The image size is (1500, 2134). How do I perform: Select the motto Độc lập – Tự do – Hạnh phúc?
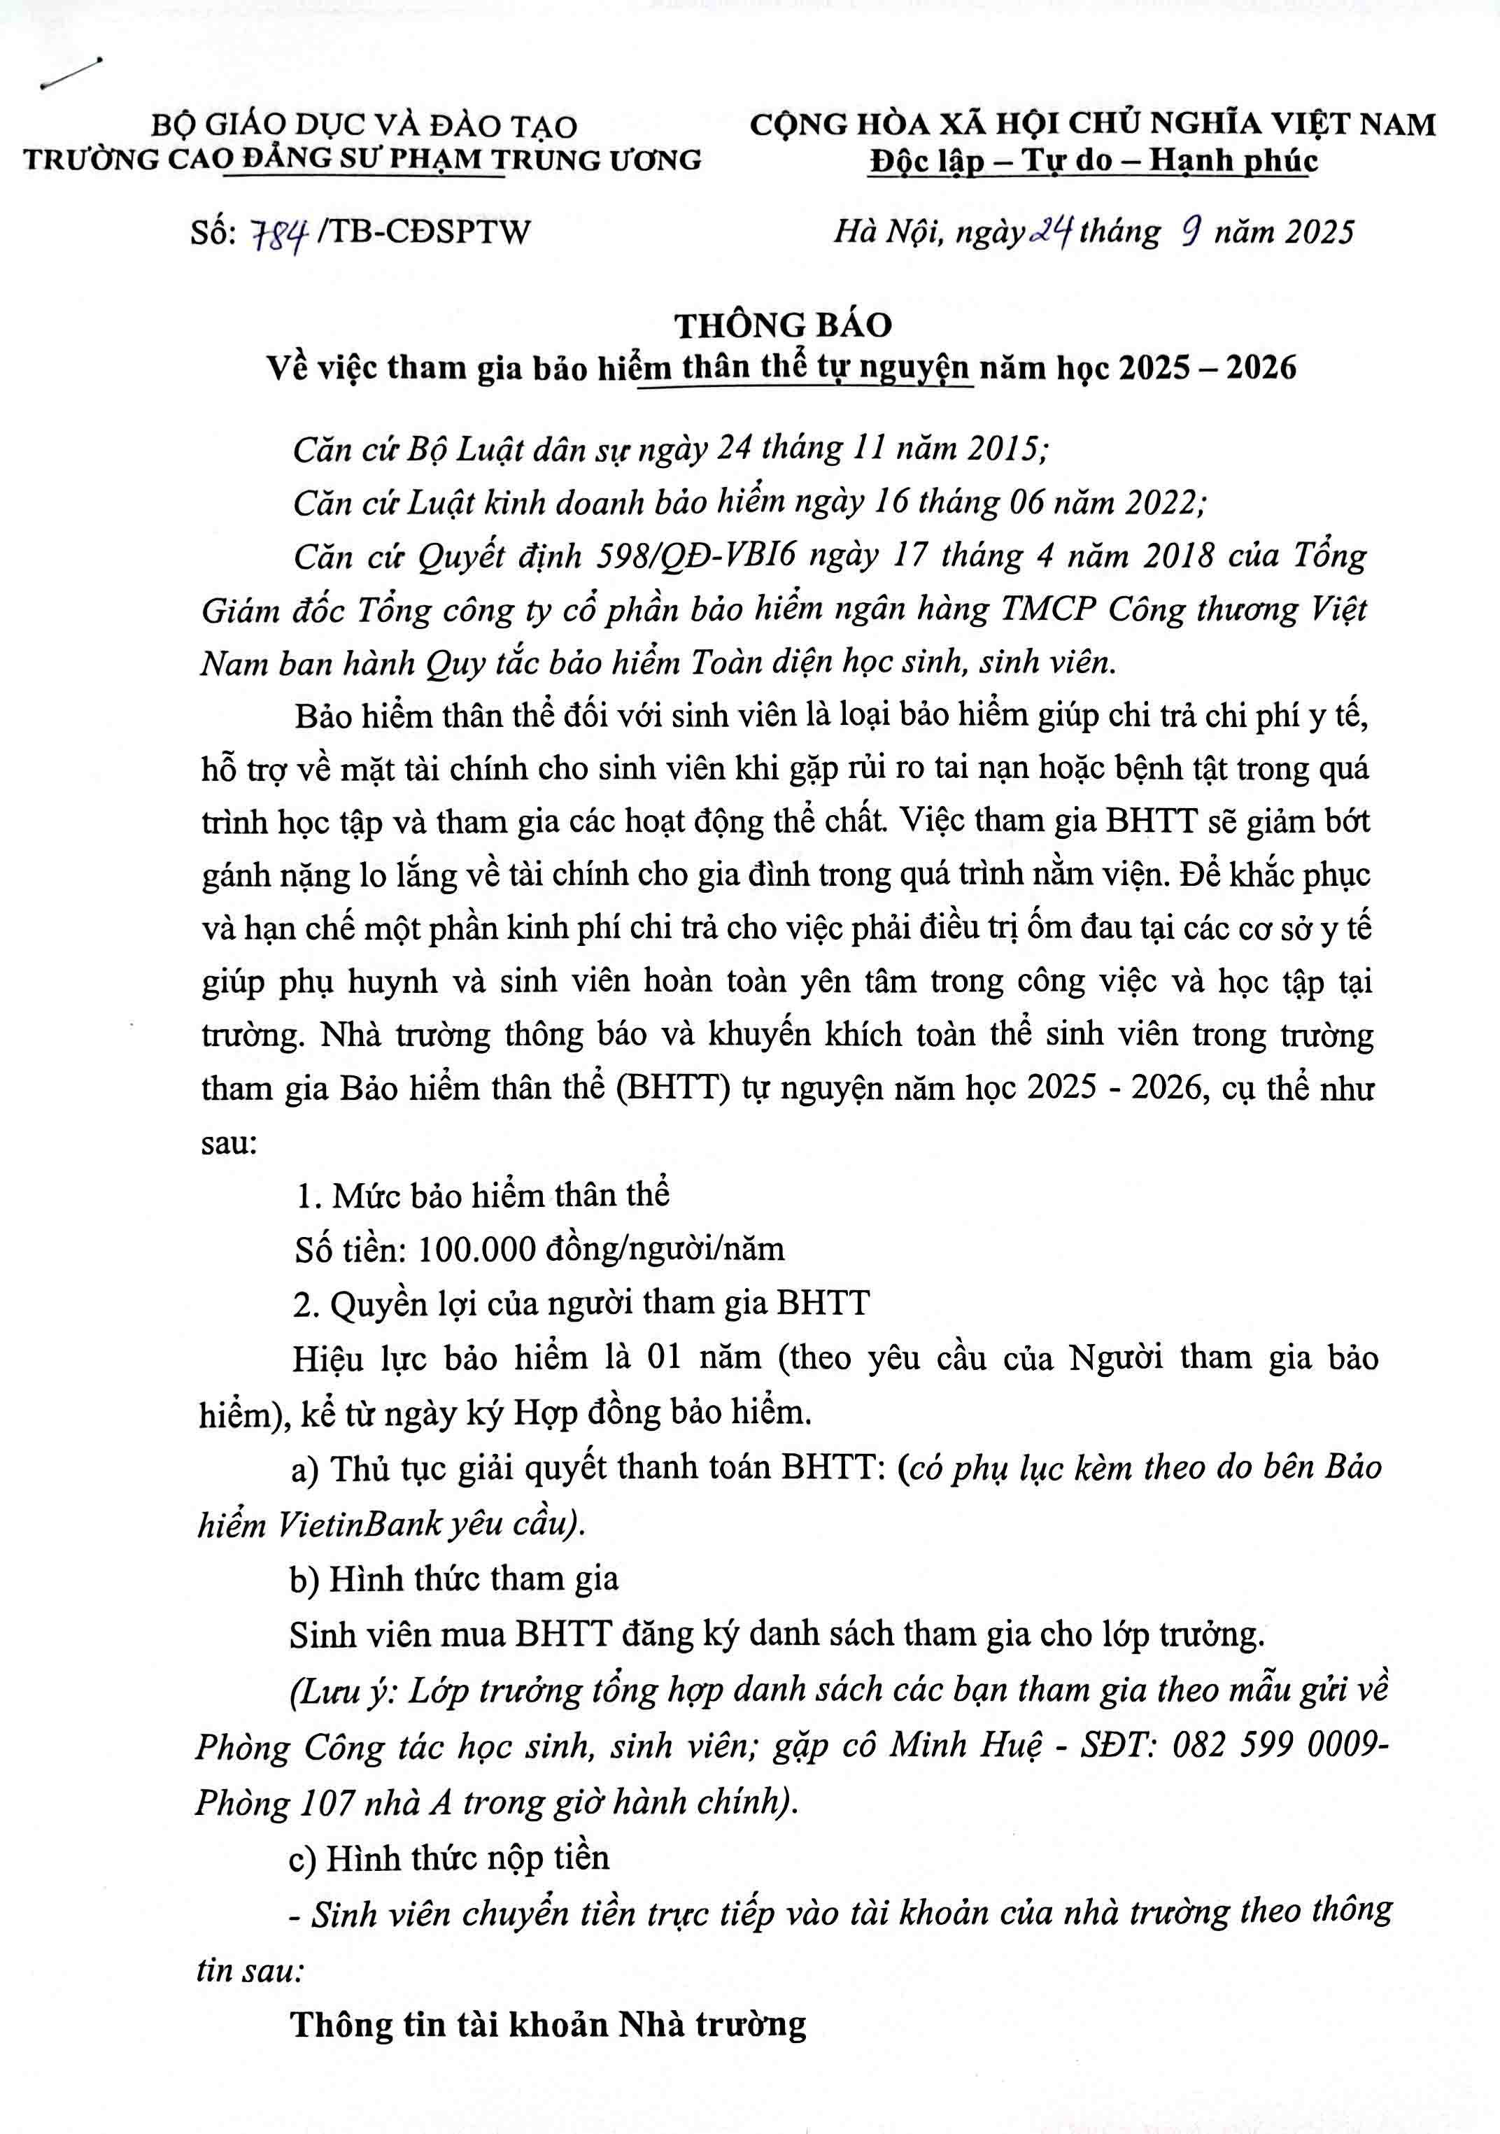click(1093, 160)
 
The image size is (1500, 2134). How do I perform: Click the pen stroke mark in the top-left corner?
click(71, 73)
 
